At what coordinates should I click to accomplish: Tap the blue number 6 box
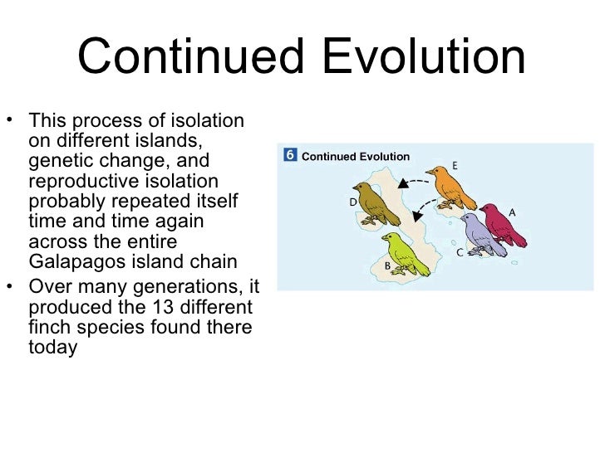click(x=289, y=155)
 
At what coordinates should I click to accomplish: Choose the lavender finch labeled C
click(x=481, y=234)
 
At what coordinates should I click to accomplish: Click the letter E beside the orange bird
click(x=455, y=165)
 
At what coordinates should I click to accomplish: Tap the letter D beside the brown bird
click(x=353, y=202)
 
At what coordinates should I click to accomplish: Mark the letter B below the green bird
click(x=387, y=265)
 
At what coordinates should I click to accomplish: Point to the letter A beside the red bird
click(x=512, y=212)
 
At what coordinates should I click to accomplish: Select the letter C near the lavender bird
click(x=460, y=251)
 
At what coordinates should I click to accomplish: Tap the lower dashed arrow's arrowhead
click(x=417, y=217)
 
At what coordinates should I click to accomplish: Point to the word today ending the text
click(x=52, y=348)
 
